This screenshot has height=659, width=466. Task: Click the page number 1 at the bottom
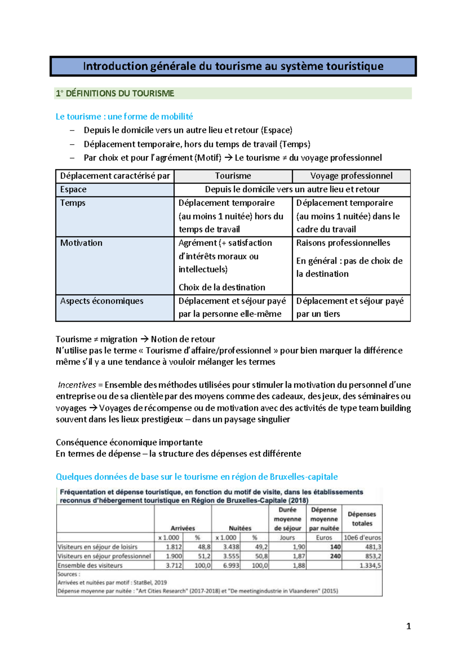click(408, 626)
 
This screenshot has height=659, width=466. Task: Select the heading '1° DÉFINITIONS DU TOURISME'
click(115, 94)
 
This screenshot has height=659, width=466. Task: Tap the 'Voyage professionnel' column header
click(351, 176)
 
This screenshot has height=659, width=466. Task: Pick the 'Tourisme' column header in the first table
click(233, 176)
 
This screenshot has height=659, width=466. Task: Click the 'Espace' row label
click(73, 190)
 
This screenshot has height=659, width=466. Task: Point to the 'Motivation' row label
click(81, 243)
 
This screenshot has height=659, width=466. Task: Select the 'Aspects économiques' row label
click(102, 301)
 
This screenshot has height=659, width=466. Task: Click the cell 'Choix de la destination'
click(222, 288)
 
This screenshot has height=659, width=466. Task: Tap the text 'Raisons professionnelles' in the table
click(343, 243)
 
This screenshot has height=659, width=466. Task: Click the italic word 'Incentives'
click(77, 385)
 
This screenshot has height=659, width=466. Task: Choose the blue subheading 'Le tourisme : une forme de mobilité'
click(124, 117)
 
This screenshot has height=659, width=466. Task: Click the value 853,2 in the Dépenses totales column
click(373, 556)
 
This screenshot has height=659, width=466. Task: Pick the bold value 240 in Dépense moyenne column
click(335, 556)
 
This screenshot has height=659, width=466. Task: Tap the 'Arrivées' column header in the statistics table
click(183, 528)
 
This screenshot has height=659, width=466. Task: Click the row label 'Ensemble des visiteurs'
click(90, 565)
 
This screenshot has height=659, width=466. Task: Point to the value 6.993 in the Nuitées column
click(231, 565)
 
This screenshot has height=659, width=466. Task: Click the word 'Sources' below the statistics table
click(68, 574)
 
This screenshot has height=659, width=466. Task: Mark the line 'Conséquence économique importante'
click(129, 443)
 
